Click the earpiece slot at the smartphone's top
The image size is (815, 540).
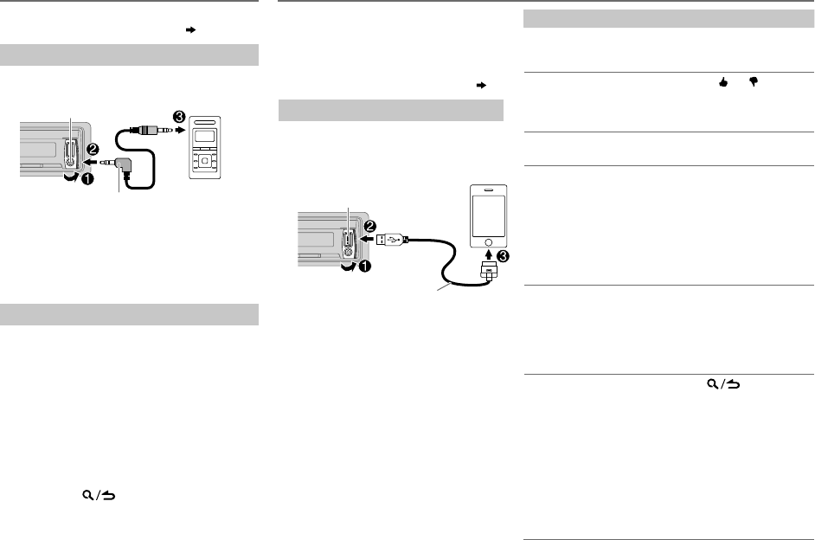pyautogui.click(x=491, y=193)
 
